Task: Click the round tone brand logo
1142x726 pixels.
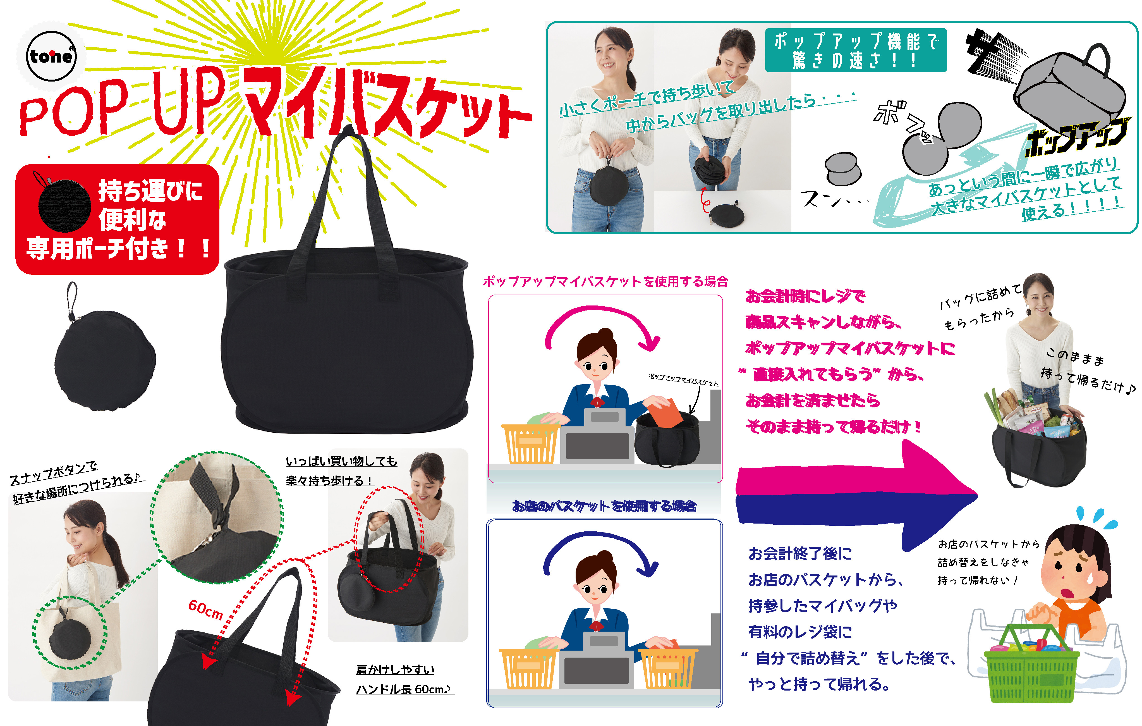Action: (x=51, y=56)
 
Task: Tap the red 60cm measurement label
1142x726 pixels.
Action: (x=205, y=609)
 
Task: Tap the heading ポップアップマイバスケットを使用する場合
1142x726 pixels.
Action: (x=605, y=281)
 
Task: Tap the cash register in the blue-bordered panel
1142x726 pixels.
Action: (x=597, y=660)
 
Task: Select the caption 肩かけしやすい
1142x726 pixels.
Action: (x=395, y=670)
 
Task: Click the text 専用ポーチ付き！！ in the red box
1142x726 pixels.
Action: (x=119, y=248)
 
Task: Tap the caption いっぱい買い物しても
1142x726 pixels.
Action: (x=341, y=461)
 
